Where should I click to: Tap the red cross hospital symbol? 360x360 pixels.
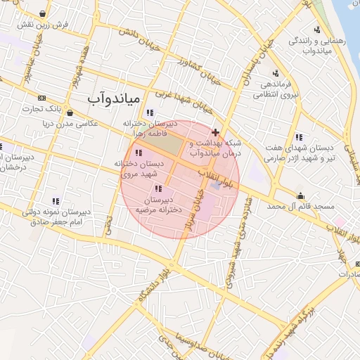pos(215,132)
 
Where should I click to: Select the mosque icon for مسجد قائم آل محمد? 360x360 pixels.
pos(301,196)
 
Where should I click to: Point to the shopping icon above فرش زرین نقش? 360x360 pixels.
pos(44,13)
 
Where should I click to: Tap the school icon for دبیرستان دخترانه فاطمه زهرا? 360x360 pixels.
pos(149,112)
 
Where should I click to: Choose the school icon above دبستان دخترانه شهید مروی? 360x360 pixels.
pos(138,153)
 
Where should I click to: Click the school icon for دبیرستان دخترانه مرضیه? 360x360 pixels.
pos(157,188)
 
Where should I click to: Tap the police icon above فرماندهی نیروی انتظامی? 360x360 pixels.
pos(275,73)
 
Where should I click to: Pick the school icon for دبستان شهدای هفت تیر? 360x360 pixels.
pos(298,137)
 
